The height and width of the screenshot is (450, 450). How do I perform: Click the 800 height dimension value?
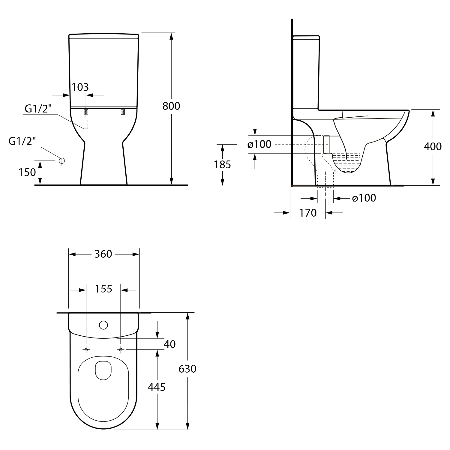click(171, 106)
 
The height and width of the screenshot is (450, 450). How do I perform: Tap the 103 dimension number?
click(80, 87)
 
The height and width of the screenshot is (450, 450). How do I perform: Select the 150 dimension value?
click(27, 172)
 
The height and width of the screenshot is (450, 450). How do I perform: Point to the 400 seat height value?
click(433, 146)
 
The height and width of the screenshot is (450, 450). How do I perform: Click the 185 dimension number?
click(223, 164)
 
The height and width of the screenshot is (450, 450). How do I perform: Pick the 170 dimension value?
click(308, 213)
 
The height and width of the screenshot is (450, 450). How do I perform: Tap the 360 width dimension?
click(103, 254)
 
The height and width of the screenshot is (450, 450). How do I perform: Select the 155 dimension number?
click(103, 289)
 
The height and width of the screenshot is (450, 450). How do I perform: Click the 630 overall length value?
click(187, 369)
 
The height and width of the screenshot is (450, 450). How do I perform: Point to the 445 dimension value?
click(157, 387)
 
